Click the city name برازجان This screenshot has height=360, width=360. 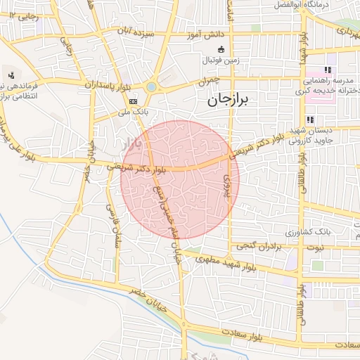[x=229, y=101]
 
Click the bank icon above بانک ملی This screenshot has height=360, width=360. [x=134, y=101]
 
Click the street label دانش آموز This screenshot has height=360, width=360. [x=205, y=34]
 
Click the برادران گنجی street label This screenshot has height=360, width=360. [x=258, y=246]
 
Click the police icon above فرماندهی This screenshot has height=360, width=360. [x=11, y=75]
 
